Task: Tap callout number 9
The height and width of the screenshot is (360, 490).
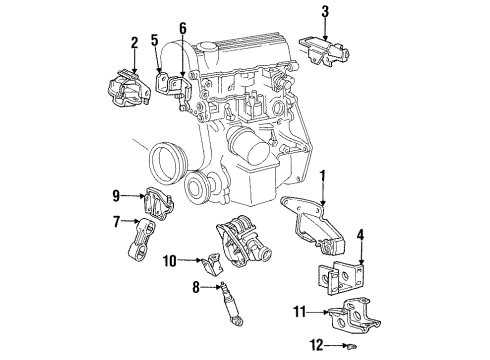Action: [116, 194]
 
